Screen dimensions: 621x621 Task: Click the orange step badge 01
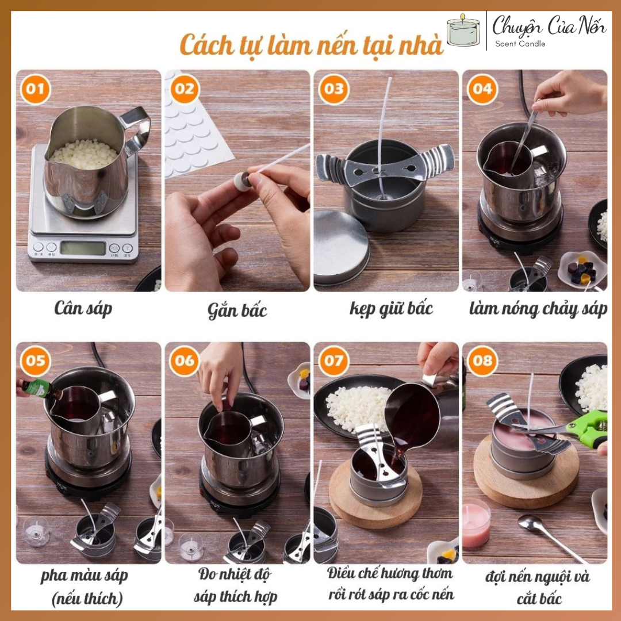pyautogui.click(x=35, y=89)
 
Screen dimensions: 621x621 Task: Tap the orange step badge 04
pyautogui.click(x=482, y=89)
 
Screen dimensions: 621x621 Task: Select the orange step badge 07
pyautogui.click(x=333, y=361)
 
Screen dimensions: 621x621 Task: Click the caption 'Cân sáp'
pyautogui.click(x=83, y=309)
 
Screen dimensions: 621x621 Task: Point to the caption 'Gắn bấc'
pyautogui.click(x=237, y=310)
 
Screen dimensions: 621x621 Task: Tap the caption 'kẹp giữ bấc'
pyautogui.click(x=392, y=309)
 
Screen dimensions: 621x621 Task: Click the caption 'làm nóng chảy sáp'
pyautogui.click(x=538, y=309)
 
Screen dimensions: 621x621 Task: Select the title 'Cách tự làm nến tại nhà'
pyautogui.click(x=311, y=44)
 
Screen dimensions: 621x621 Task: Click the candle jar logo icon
pyautogui.click(x=463, y=30)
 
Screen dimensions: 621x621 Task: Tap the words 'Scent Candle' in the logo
pyautogui.click(x=520, y=44)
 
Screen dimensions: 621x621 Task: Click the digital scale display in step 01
pyautogui.click(x=83, y=248)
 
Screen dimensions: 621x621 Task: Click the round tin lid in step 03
pyautogui.click(x=342, y=247)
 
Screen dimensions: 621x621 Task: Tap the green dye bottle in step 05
pyautogui.click(x=40, y=388)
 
